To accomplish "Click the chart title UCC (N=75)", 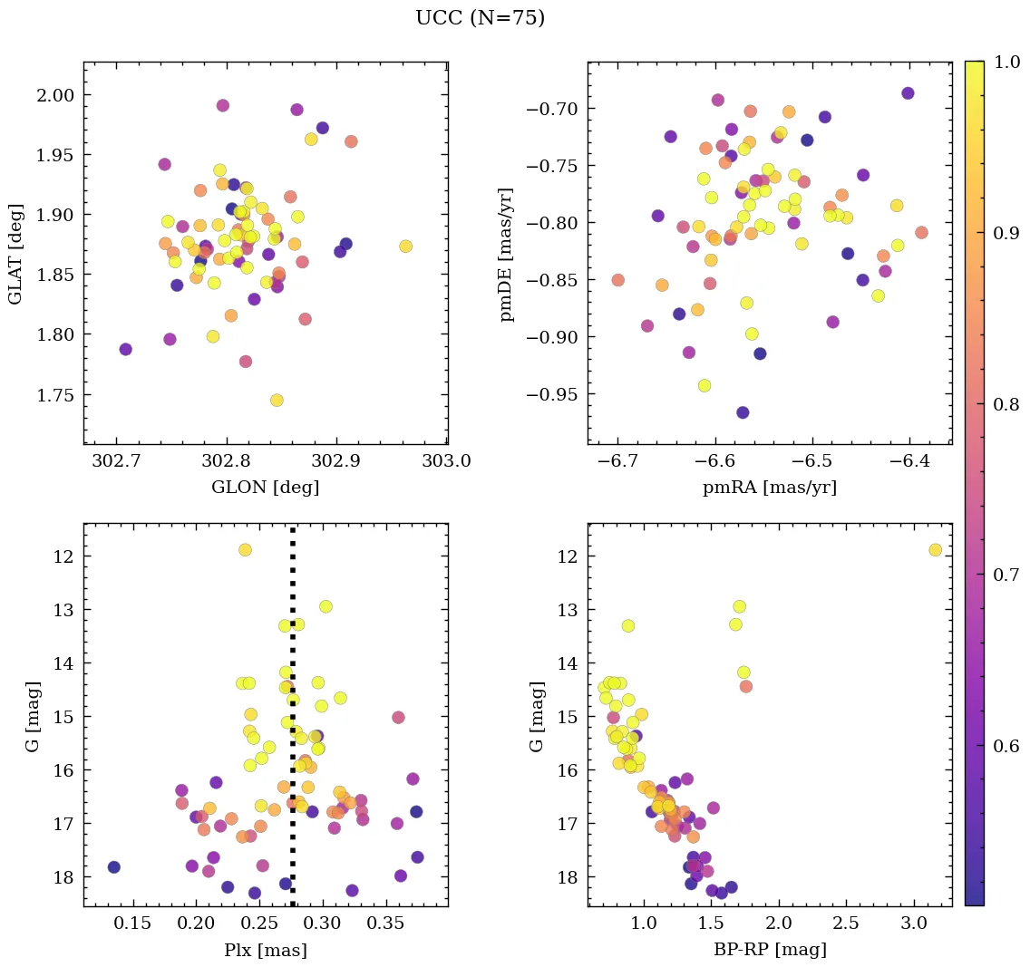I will click(480, 18).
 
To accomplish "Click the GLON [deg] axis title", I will click(265, 488).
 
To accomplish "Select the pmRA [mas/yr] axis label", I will click(769, 488).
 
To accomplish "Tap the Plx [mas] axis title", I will click(265, 951).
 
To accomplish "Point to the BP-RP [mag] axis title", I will click(769, 951).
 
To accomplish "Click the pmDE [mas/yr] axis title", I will click(507, 254).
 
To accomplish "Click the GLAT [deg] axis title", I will click(15, 254).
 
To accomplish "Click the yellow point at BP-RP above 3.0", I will click(935, 550).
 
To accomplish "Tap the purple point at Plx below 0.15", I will click(113, 867).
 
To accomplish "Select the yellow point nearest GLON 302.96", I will click(405, 247).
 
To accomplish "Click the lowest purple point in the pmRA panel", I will click(743, 412).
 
